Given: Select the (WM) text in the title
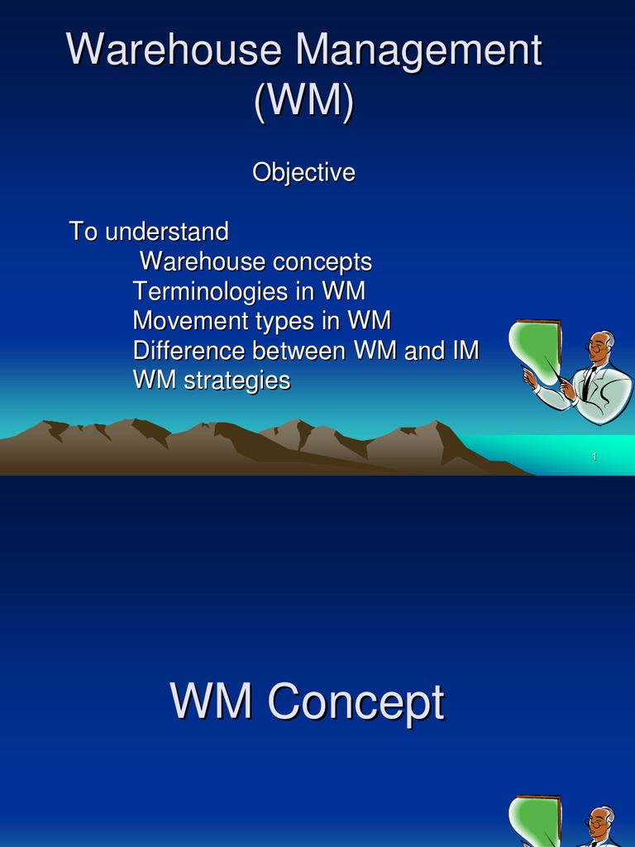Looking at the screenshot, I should pos(304,101).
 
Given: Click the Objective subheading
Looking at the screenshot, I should pos(303,173).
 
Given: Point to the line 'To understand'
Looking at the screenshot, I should pos(149,232).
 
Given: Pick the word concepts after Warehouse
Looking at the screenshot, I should pos(322,262).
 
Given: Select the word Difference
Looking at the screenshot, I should pos(189,351).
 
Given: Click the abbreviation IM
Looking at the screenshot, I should pos(465,351).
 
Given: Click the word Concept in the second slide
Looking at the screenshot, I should pos(356,703).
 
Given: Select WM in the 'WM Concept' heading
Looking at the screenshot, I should pos(211,703).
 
